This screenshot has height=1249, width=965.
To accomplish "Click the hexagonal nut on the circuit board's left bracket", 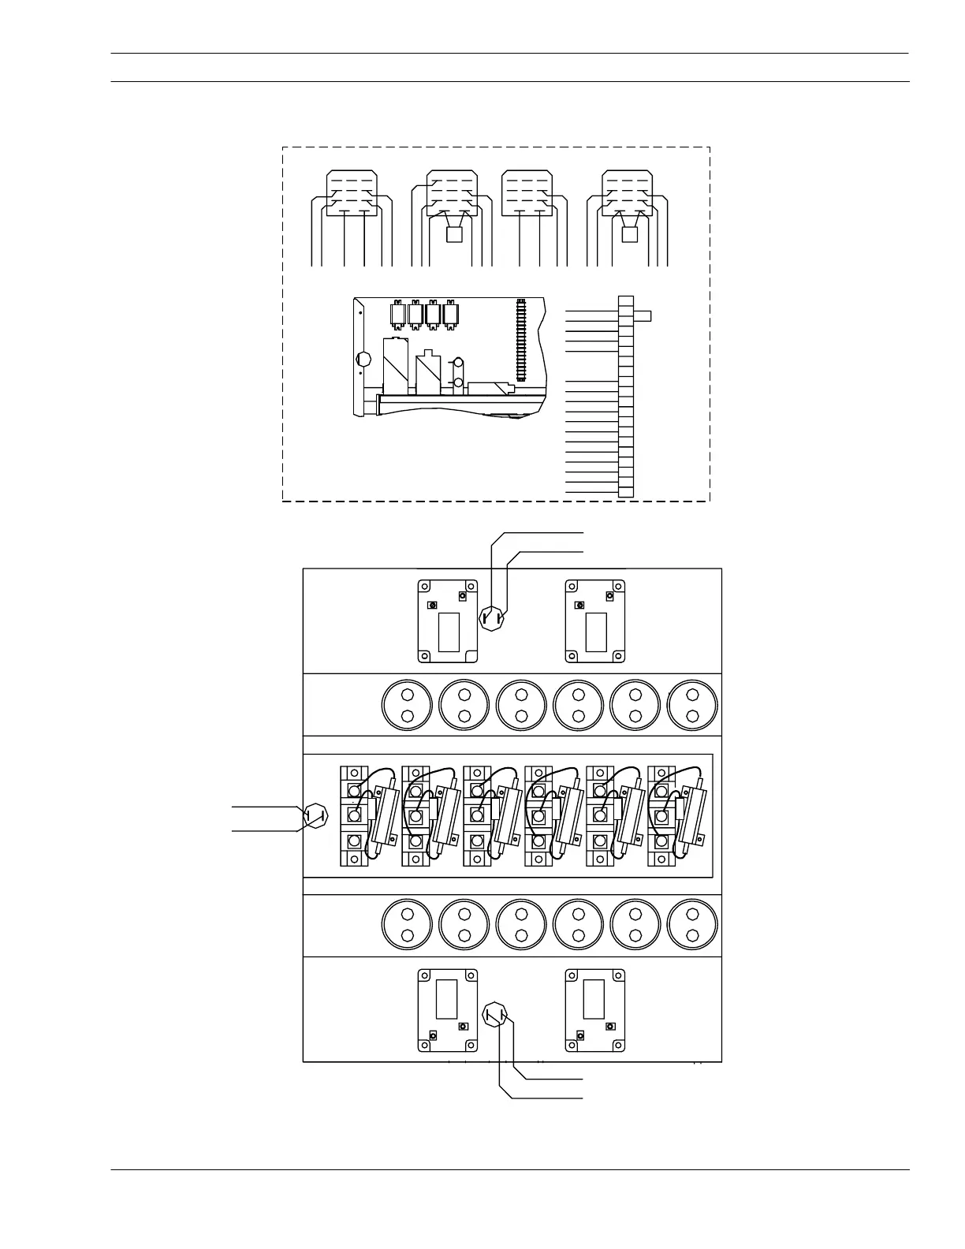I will (x=363, y=360).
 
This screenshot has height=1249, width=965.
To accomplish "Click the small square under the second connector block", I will (x=453, y=235).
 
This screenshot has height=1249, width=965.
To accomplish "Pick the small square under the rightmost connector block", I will (x=629, y=235).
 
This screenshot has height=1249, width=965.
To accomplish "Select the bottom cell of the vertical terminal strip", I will (x=626, y=492).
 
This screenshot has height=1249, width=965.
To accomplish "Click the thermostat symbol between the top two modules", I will (x=493, y=617).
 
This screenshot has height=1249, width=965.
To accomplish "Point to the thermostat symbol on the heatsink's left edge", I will (x=315, y=815).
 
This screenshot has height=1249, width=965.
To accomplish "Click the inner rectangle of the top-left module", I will (x=448, y=632).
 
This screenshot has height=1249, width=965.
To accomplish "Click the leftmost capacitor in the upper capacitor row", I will (x=408, y=705).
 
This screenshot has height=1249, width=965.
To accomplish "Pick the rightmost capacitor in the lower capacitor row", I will (x=693, y=925).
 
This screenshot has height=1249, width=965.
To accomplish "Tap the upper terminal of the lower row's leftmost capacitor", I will (x=408, y=915).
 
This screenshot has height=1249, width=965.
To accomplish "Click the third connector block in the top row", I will (x=527, y=193).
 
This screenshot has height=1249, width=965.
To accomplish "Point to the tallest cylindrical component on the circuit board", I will (x=395, y=366).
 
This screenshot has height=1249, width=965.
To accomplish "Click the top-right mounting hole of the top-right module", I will (x=619, y=587).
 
